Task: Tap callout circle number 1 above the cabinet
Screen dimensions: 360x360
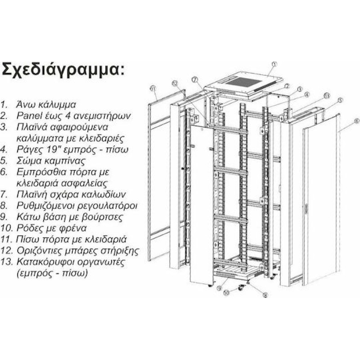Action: [x=274, y=64]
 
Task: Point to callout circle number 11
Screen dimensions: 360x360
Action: [x=153, y=88]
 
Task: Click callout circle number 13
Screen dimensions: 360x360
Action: [x=327, y=96]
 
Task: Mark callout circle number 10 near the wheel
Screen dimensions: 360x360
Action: [x=226, y=293]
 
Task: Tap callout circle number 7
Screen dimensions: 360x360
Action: [x=195, y=80]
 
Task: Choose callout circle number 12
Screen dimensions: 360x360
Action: [x=175, y=84]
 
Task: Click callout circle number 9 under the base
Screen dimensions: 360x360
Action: [x=220, y=288]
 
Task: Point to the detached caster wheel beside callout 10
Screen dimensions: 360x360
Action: [x=241, y=287]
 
